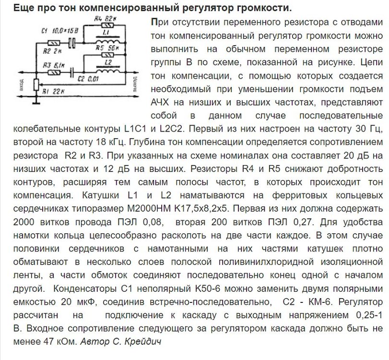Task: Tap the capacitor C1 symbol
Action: click(72, 43)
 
